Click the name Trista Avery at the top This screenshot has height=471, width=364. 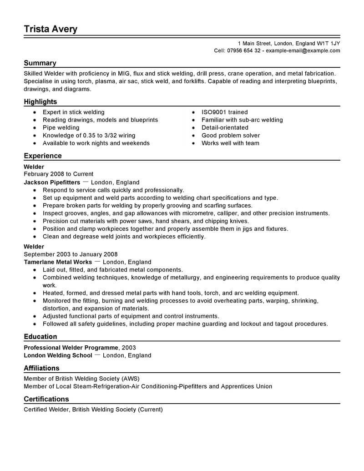click(51, 29)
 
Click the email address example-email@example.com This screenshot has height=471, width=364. click(303, 51)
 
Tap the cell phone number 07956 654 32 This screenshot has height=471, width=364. click(244, 51)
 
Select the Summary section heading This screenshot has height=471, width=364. click(40, 63)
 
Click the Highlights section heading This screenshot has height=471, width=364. click(40, 102)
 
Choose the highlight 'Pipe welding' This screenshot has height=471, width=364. click(61, 127)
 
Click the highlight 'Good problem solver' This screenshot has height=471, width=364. click(231, 135)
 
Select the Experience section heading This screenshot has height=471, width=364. click(43, 156)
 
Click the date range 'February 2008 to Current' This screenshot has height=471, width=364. click(58, 174)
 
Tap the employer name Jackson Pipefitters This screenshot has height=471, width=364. click(52, 182)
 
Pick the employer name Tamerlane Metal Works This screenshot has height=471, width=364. click(58, 262)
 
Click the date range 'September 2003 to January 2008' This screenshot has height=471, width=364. click(71, 254)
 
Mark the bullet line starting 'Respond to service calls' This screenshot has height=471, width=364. click(113, 190)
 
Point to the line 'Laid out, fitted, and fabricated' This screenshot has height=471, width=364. click(112, 270)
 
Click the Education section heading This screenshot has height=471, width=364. click(40, 337)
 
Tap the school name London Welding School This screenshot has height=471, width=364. click(58, 355)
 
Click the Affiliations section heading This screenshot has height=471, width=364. click(41, 368)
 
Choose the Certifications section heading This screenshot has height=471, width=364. click(46, 399)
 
